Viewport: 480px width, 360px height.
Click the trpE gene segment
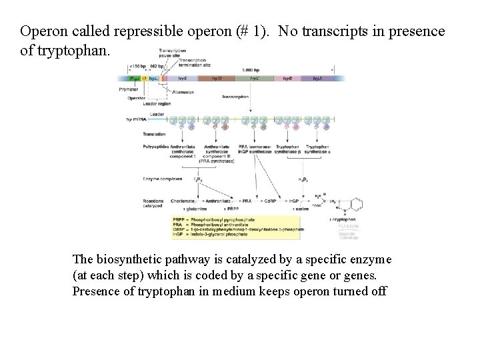point(183,79)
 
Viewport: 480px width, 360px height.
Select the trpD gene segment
point(217,79)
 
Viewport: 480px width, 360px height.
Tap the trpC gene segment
point(255,79)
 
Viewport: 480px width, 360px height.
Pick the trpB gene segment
point(287,79)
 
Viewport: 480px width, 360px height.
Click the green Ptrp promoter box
point(135,79)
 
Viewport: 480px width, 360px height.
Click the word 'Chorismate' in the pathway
point(183,200)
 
